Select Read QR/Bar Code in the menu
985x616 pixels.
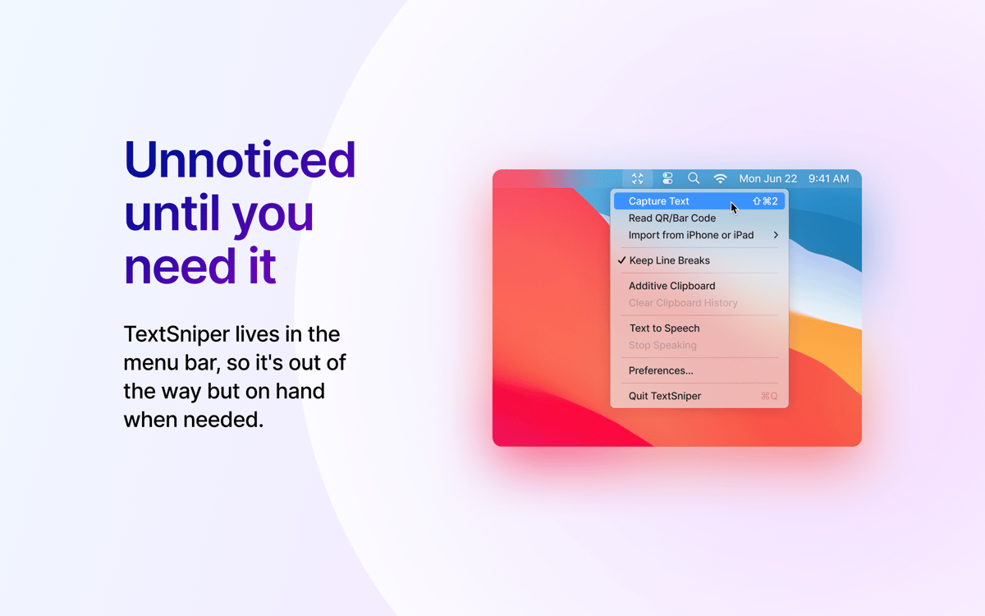672,218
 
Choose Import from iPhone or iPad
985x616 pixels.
691,235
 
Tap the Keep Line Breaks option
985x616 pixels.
669,260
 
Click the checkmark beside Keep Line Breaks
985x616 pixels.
621,260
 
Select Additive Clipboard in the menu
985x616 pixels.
671,286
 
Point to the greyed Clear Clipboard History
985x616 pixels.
683,303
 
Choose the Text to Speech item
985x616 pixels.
664,329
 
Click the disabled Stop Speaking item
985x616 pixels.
662,345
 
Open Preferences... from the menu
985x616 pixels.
661,370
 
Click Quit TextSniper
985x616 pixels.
664,396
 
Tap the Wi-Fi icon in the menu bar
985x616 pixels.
720,179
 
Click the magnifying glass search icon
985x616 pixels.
694,178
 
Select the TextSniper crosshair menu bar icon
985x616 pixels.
637,179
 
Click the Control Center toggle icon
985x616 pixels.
667,178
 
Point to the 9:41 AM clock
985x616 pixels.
828,179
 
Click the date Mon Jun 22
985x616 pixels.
767,179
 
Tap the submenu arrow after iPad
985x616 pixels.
776,235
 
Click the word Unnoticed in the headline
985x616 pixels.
240,159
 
